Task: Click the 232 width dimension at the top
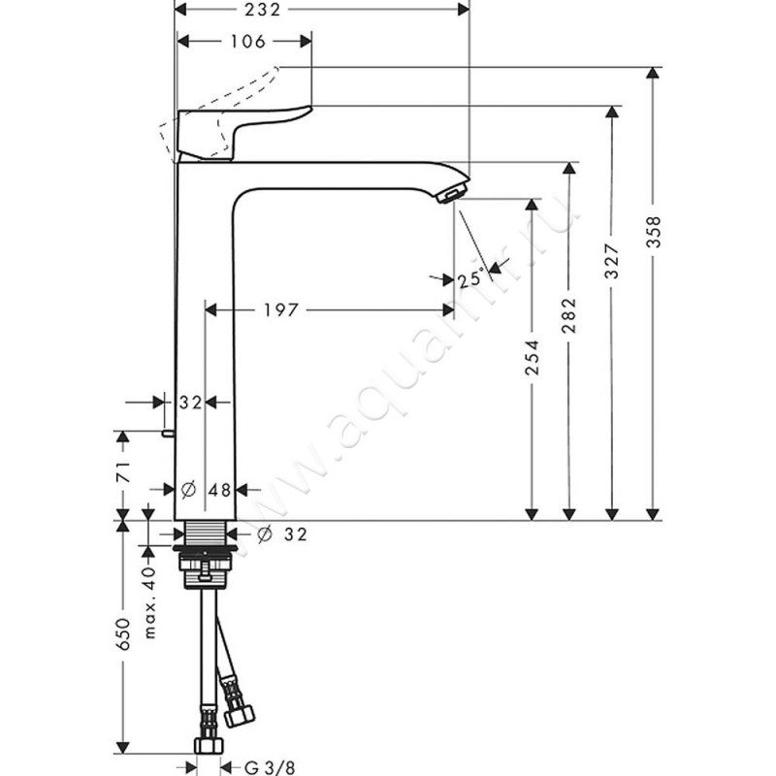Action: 262,10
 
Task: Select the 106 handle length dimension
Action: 248,42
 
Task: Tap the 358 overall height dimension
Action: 654,232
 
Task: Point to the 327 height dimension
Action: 613,260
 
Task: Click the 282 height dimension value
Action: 569,314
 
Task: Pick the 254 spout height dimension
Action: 532,356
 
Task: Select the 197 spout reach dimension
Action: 280,310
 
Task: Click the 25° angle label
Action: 470,278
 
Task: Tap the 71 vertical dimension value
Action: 123,472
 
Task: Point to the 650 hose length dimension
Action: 123,634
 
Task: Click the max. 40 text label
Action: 150,602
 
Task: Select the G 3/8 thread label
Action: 271,767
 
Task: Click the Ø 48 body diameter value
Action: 206,490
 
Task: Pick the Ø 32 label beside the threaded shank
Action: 282,534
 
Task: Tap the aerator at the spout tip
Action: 451,192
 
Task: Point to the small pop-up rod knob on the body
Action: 168,434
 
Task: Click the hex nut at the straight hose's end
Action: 209,746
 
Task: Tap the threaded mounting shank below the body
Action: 206,533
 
